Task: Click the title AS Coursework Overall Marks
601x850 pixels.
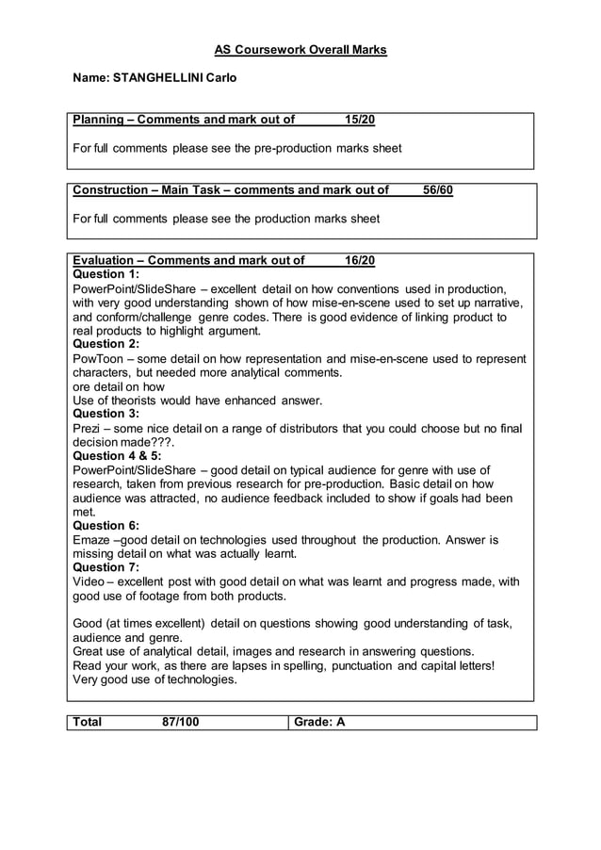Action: pyautogui.click(x=300, y=49)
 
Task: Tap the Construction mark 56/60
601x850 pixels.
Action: pyautogui.click(x=438, y=190)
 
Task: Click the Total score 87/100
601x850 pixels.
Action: pyautogui.click(x=180, y=723)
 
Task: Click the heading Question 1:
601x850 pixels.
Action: pyautogui.click(x=106, y=274)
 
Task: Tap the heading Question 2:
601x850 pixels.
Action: pyautogui.click(x=106, y=344)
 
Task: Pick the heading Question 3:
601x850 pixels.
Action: pyautogui.click(x=106, y=414)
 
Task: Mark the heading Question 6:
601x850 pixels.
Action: pyautogui.click(x=106, y=525)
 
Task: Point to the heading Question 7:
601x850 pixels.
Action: pyautogui.click(x=106, y=567)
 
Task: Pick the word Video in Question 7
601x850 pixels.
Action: pyautogui.click(x=89, y=581)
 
